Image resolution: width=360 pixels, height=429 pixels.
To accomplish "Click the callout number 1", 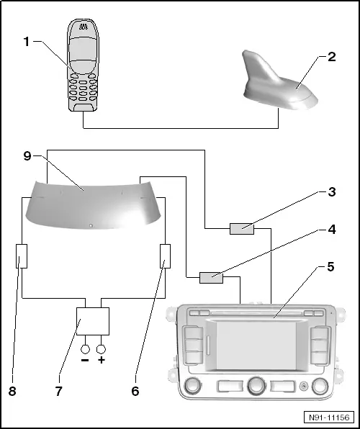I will (25, 42).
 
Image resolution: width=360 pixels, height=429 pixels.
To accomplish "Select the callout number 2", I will (331, 57).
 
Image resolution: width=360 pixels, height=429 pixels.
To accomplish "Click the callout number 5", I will (331, 266).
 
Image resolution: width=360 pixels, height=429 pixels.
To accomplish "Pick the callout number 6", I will (135, 392).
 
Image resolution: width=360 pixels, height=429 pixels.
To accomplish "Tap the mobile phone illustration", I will (85, 65).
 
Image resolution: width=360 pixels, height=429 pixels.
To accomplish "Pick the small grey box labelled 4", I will (211, 276).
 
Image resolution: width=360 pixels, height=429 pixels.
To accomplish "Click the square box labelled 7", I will (93, 319).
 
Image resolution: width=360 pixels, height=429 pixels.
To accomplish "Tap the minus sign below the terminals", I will (85, 359).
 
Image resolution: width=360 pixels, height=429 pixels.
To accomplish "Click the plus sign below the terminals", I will (102, 359).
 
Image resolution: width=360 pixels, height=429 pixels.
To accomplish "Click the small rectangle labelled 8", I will (21, 256).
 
